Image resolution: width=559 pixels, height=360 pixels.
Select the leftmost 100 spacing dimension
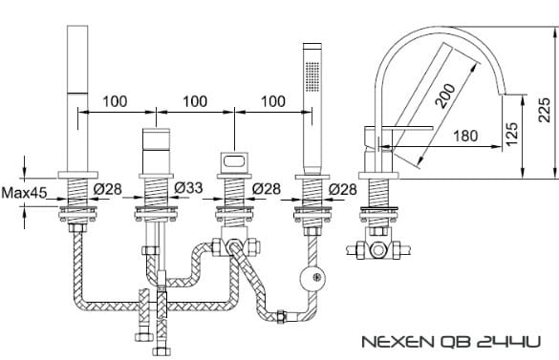(x=117, y=100)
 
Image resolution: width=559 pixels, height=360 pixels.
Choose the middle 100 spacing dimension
(x=195, y=100)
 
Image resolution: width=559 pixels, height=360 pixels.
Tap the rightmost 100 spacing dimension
(x=272, y=100)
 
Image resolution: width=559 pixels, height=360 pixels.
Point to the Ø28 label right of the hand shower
(x=342, y=188)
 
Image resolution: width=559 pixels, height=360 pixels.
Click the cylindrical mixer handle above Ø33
(x=156, y=147)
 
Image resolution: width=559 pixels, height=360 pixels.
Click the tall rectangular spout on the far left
(x=76, y=95)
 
